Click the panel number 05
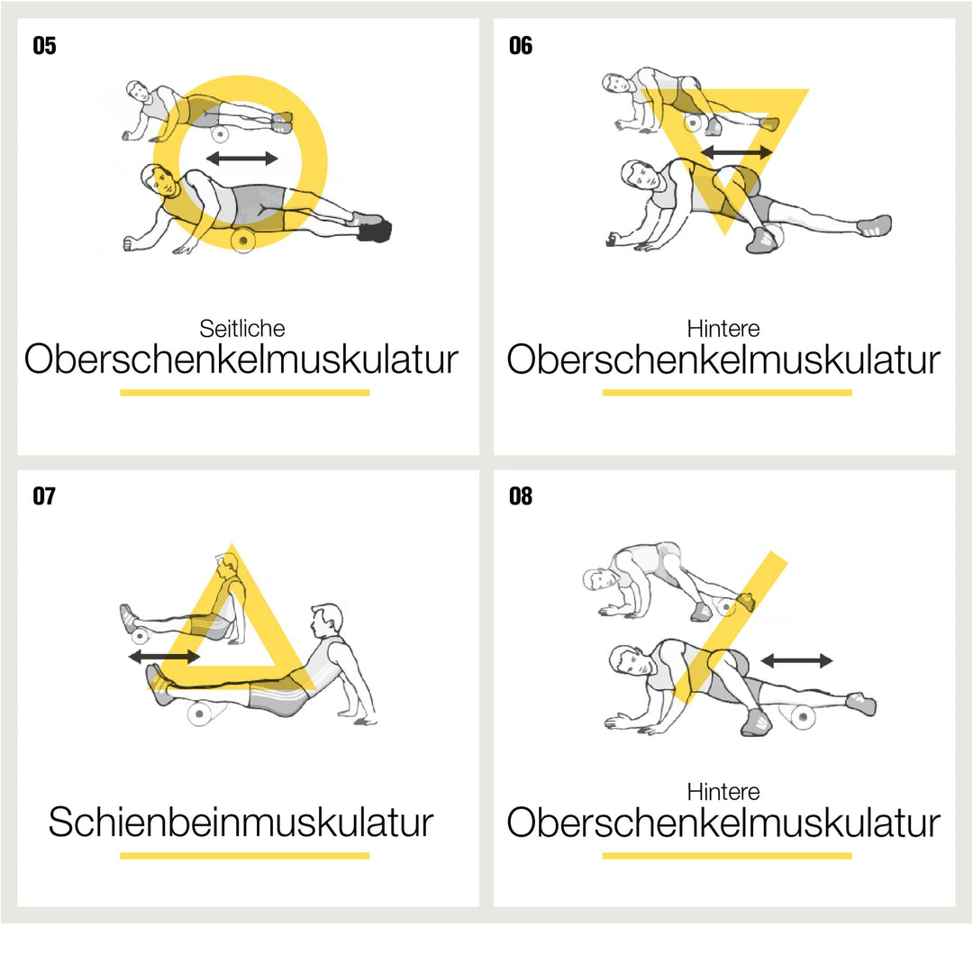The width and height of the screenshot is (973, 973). coord(44,46)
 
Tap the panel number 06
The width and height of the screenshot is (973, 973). coord(520,46)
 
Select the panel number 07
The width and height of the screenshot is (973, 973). coord(44,496)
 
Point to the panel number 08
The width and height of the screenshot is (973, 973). coord(520,496)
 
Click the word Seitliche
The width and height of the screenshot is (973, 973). coord(242,328)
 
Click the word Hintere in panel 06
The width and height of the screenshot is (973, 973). coord(723,328)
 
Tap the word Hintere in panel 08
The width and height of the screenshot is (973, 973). coord(723,791)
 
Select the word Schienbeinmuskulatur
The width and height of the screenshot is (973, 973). coord(241,823)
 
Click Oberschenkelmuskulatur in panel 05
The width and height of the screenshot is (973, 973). coord(241,359)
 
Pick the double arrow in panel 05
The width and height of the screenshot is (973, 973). coord(242,159)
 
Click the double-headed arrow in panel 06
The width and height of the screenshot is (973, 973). coord(737,151)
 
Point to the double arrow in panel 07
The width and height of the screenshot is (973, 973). coord(165,656)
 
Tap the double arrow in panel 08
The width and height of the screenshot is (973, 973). coord(796,660)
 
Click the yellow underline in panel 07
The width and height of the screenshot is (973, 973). coord(244,856)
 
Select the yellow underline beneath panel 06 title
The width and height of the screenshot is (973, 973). coord(727,392)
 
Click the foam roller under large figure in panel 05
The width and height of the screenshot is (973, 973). coord(243,240)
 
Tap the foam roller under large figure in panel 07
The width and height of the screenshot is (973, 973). coord(199,714)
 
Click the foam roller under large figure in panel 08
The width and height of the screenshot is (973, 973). coord(802,717)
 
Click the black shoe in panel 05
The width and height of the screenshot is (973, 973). coord(376,231)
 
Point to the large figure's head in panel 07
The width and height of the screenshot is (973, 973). coord(326,620)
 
